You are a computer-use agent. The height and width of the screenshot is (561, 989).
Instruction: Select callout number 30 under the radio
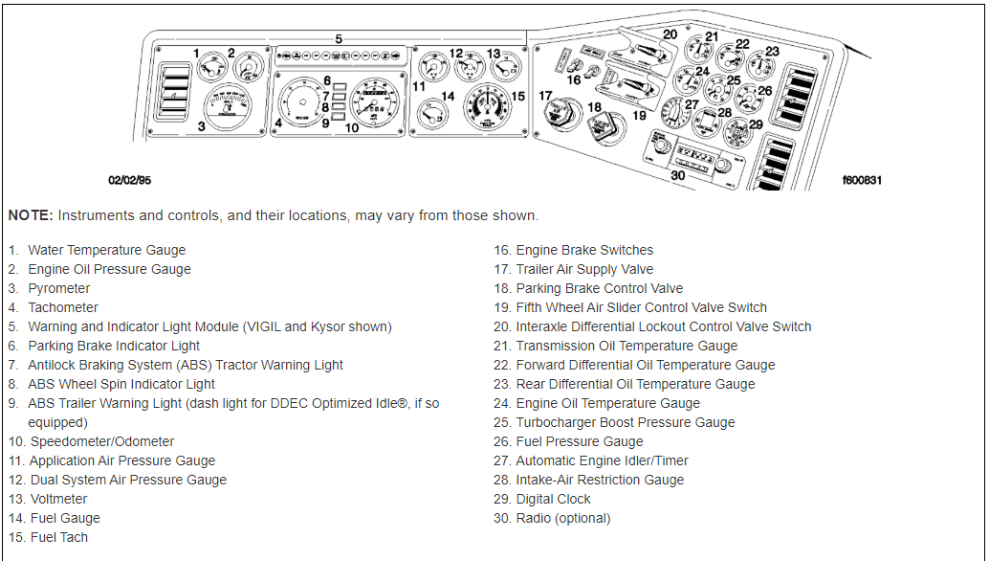click(x=677, y=175)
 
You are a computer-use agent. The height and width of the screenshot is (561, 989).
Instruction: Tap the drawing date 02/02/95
click(x=129, y=179)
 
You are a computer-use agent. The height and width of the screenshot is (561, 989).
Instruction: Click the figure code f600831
click(x=862, y=179)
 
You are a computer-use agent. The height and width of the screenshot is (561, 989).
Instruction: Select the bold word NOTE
click(x=30, y=215)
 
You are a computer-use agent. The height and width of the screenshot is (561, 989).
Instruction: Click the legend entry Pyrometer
click(x=59, y=288)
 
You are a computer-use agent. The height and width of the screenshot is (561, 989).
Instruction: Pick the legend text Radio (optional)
click(x=562, y=518)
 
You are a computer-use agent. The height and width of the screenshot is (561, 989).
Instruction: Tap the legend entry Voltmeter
click(x=58, y=499)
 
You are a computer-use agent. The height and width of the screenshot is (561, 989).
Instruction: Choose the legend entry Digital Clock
click(x=553, y=499)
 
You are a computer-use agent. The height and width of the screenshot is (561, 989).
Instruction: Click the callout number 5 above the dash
click(x=339, y=38)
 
